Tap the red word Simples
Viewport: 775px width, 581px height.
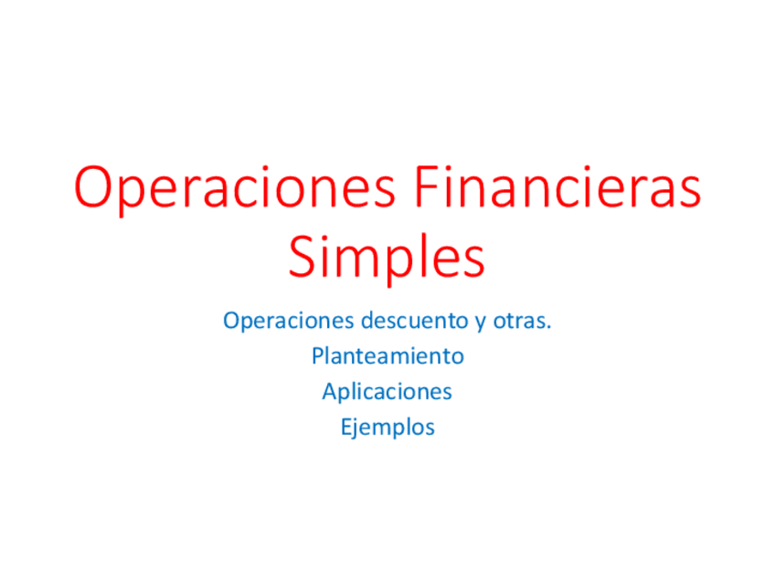(387, 257)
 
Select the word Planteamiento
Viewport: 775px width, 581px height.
(387, 355)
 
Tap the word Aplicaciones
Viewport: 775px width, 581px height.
(387, 392)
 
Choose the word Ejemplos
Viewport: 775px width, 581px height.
(387, 427)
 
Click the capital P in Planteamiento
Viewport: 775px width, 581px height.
(317, 355)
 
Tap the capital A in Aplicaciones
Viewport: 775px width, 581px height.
(329, 391)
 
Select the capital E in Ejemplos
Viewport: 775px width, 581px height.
(345, 426)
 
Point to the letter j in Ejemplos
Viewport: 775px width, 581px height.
(356, 428)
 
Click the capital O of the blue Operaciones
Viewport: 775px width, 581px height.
(230, 322)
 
